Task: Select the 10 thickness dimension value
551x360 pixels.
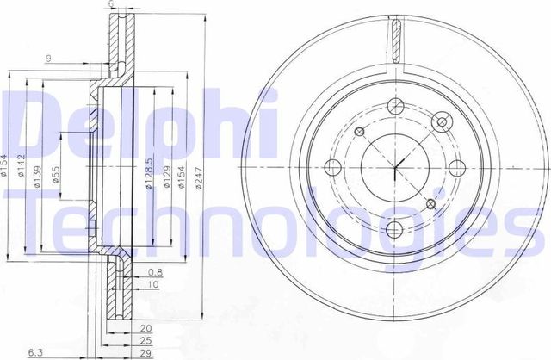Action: point(152,284)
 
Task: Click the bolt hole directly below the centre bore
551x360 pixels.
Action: point(394,228)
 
